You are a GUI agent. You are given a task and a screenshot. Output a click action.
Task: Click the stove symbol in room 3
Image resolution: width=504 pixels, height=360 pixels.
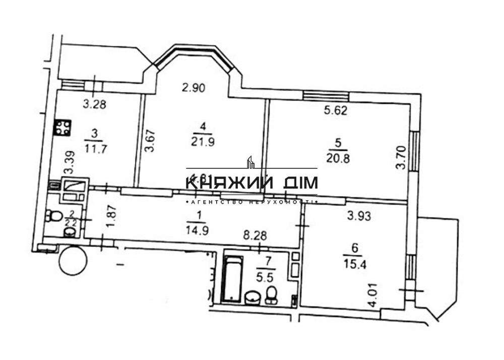63,128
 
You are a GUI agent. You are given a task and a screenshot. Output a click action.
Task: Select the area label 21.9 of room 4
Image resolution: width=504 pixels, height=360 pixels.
203,142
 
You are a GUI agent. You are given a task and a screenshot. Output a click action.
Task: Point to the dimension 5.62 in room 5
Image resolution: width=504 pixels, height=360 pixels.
335,110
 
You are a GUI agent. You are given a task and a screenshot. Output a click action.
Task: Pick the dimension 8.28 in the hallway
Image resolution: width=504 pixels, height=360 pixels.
255,234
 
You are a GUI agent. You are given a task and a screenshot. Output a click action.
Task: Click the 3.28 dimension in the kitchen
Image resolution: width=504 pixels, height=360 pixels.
94,105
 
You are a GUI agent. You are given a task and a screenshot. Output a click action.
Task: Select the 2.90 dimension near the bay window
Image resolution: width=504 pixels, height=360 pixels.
194,88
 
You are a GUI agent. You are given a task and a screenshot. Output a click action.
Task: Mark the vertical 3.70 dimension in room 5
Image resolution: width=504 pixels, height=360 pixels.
401,157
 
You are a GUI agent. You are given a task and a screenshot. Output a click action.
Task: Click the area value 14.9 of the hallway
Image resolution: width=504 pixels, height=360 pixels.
200,226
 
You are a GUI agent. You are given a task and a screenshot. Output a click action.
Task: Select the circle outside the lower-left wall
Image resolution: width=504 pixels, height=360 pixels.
73,260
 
